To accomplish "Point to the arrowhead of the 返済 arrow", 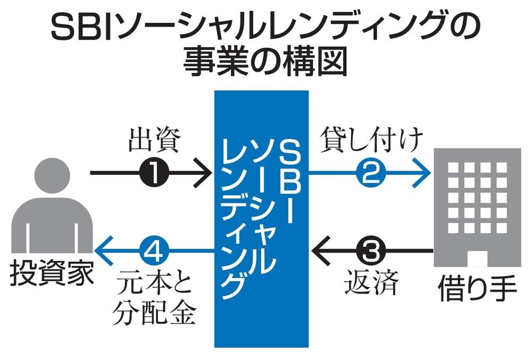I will [x=319, y=249].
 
